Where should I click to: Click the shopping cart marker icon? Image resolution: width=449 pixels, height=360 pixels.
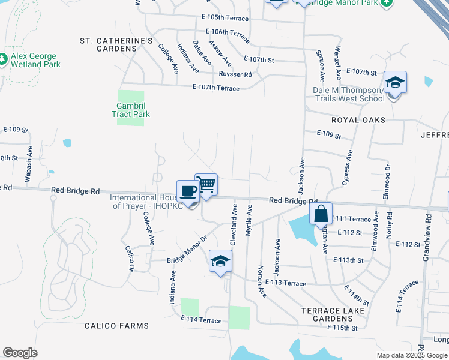click(x=206, y=184)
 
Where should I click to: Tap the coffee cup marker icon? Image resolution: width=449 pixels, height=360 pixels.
click(x=188, y=191)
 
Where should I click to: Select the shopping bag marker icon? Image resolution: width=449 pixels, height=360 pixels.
click(x=321, y=213)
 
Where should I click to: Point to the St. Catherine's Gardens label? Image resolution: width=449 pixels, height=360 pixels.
click(x=117, y=44)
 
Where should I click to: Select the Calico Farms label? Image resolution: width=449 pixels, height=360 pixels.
click(x=116, y=326)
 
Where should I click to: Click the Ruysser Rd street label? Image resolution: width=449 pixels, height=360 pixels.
click(x=235, y=74)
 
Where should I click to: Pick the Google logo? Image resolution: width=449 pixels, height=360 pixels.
click(x=20, y=353)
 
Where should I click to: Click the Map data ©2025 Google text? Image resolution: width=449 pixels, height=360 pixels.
click(x=411, y=355)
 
